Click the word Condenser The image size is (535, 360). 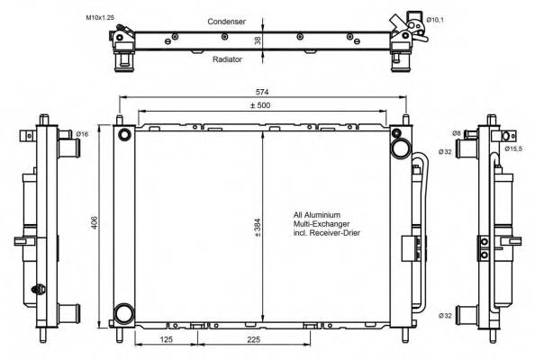pyautogui.click(x=227, y=22)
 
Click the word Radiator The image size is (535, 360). pyautogui.click(x=227, y=59)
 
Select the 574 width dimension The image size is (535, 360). pyautogui.click(x=262, y=92)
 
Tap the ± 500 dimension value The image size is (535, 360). pyautogui.click(x=260, y=105)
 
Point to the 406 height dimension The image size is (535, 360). pyautogui.click(x=95, y=222)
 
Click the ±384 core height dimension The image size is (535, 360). pyautogui.click(x=258, y=228)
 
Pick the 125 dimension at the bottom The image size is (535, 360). pyautogui.click(x=166, y=339)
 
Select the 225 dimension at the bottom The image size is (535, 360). pyautogui.click(x=253, y=339)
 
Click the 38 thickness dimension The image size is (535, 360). pyautogui.click(x=258, y=40)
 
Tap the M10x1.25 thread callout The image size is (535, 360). pyautogui.click(x=100, y=17)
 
